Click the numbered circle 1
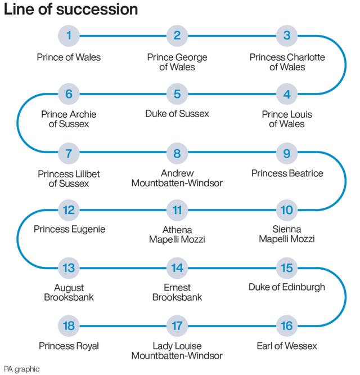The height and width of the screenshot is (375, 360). pyautogui.click(x=69, y=36)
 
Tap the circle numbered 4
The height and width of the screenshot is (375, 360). pyautogui.click(x=287, y=94)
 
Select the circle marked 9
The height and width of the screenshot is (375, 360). pyautogui.click(x=287, y=152)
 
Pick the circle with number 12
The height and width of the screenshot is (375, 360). pyautogui.click(x=69, y=210)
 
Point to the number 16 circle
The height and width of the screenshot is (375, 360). pyautogui.click(x=287, y=325)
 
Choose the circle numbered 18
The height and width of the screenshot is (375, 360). pyautogui.click(x=69, y=325)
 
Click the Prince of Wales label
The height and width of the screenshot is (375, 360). pyautogui.click(x=69, y=57)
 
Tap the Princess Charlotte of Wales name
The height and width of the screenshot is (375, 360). pyautogui.click(x=287, y=62)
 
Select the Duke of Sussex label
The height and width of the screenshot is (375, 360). pyautogui.click(x=177, y=114)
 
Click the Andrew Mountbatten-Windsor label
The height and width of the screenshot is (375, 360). pyautogui.click(x=177, y=178)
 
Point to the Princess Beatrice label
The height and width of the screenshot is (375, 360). pyautogui.click(x=287, y=173)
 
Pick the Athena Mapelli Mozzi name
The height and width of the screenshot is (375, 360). pyautogui.click(x=177, y=235)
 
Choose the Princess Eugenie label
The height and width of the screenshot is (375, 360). pyautogui.click(x=69, y=229)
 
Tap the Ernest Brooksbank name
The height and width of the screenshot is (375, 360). pyautogui.click(x=177, y=292)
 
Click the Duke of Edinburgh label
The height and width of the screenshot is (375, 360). pyautogui.click(x=287, y=287)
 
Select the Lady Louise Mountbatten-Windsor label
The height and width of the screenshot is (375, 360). pyautogui.click(x=177, y=350)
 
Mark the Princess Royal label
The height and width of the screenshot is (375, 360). pyautogui.click(x=69, y=345)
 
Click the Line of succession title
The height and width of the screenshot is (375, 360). pyautogui.click(x=71, y=10)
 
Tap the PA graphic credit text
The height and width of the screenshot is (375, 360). pyautogui.click(x=21, y=369)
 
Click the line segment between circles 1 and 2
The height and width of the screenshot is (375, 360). pyautogui.click(x=123, y=36)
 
